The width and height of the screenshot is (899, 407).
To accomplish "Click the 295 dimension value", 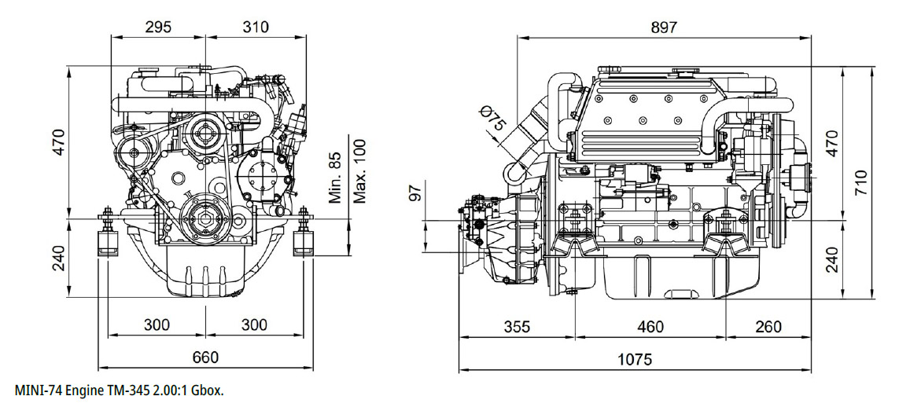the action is tap(157, 27).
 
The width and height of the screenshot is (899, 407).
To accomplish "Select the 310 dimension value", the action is tap(255, 27).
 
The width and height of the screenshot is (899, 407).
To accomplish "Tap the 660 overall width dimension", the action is tap(205, 357).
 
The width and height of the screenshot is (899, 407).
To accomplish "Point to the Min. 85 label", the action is tap(334, 178).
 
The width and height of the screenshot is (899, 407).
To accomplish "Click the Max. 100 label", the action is tap(359, 171).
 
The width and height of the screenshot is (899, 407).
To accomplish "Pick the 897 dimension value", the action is tap(664, 27).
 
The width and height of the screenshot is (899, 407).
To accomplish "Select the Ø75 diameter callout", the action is tap(492, 119).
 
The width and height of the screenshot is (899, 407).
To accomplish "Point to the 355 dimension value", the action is tap(518, 326).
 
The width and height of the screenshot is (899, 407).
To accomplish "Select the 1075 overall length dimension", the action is tap(635, 359).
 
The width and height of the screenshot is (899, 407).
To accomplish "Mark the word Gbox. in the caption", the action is tap(207, 391).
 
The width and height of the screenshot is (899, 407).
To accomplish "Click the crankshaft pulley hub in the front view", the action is tap(205, 218).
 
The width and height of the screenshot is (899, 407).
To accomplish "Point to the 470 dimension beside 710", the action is tap(831, 142).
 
